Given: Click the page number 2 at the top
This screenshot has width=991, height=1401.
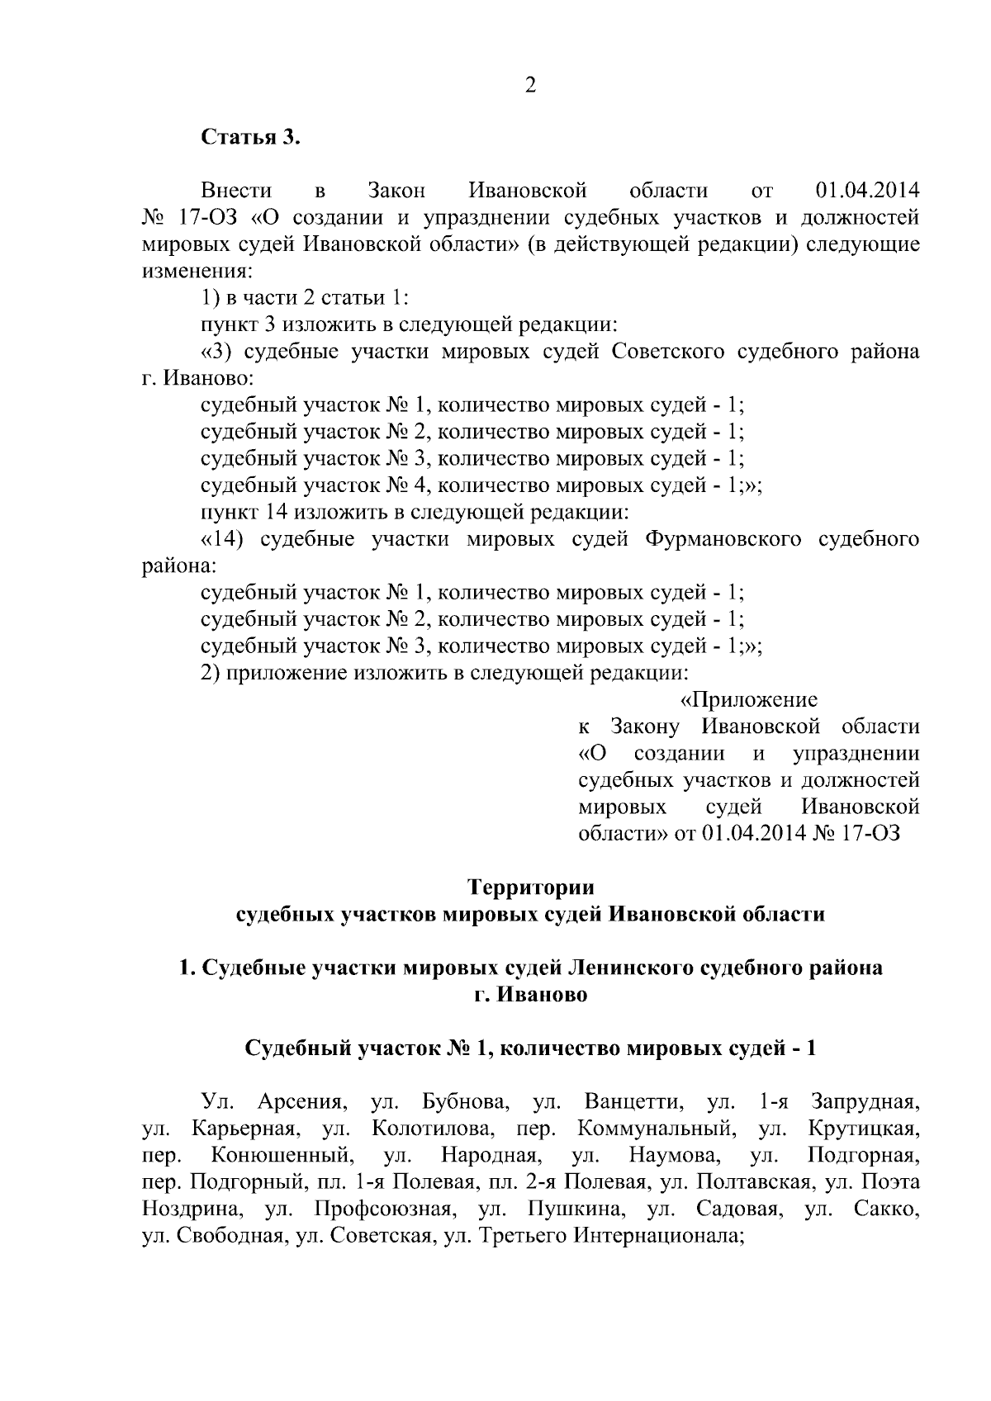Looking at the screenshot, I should [530, 86].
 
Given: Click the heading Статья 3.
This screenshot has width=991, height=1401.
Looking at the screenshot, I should [251, 137].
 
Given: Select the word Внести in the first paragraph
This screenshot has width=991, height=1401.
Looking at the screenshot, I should [237, 191].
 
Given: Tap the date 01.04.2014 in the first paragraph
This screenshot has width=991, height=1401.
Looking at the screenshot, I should [867, 191].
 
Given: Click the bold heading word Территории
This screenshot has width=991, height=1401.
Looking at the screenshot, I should [530, 887].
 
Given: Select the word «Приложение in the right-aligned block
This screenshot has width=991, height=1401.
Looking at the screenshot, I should [748, 700].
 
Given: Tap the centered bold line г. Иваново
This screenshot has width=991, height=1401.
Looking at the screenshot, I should [530, 994].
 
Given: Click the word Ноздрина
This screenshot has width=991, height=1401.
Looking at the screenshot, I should [192, 1209].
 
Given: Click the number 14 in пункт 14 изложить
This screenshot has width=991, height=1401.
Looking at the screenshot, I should [276, 512].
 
